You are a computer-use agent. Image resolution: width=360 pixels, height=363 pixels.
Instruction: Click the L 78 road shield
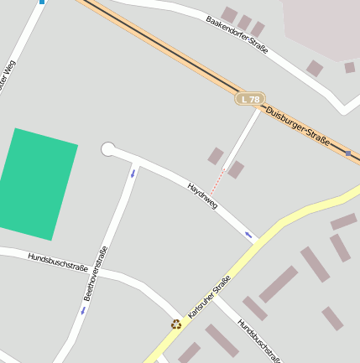point(250,99)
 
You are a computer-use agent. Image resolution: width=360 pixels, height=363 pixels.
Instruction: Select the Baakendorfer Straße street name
point(237,34)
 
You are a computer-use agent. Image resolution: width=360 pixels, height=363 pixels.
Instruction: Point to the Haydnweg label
point(203,195)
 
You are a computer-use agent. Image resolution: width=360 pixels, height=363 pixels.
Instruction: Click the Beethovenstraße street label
point(97,273)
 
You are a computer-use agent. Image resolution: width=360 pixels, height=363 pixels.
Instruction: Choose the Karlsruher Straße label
point(209,297)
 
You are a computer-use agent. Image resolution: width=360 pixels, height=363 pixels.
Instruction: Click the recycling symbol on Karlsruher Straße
point(176,324)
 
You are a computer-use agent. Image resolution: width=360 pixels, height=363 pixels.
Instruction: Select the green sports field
point(36,183)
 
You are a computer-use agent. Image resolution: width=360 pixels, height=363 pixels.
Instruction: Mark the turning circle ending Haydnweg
point(107,149)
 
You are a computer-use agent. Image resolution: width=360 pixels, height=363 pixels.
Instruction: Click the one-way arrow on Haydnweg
point(248,234)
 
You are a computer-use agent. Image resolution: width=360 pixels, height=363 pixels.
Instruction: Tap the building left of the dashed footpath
point(216,156)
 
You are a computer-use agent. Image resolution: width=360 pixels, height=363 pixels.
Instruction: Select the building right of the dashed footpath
point(236,169)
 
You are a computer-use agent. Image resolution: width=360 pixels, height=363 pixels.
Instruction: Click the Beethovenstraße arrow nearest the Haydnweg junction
point(132,174)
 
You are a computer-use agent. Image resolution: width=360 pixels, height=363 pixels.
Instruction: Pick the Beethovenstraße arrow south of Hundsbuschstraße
point(82,310)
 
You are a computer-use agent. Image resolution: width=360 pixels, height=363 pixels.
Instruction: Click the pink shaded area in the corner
point(323,25)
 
